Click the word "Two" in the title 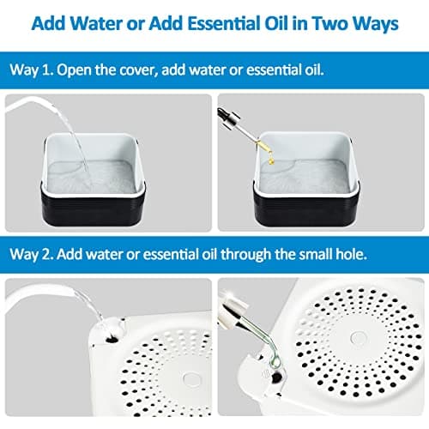pyautogui.click(x=319, y=23)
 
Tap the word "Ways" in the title pyautogui.click(x=375, y=23)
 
